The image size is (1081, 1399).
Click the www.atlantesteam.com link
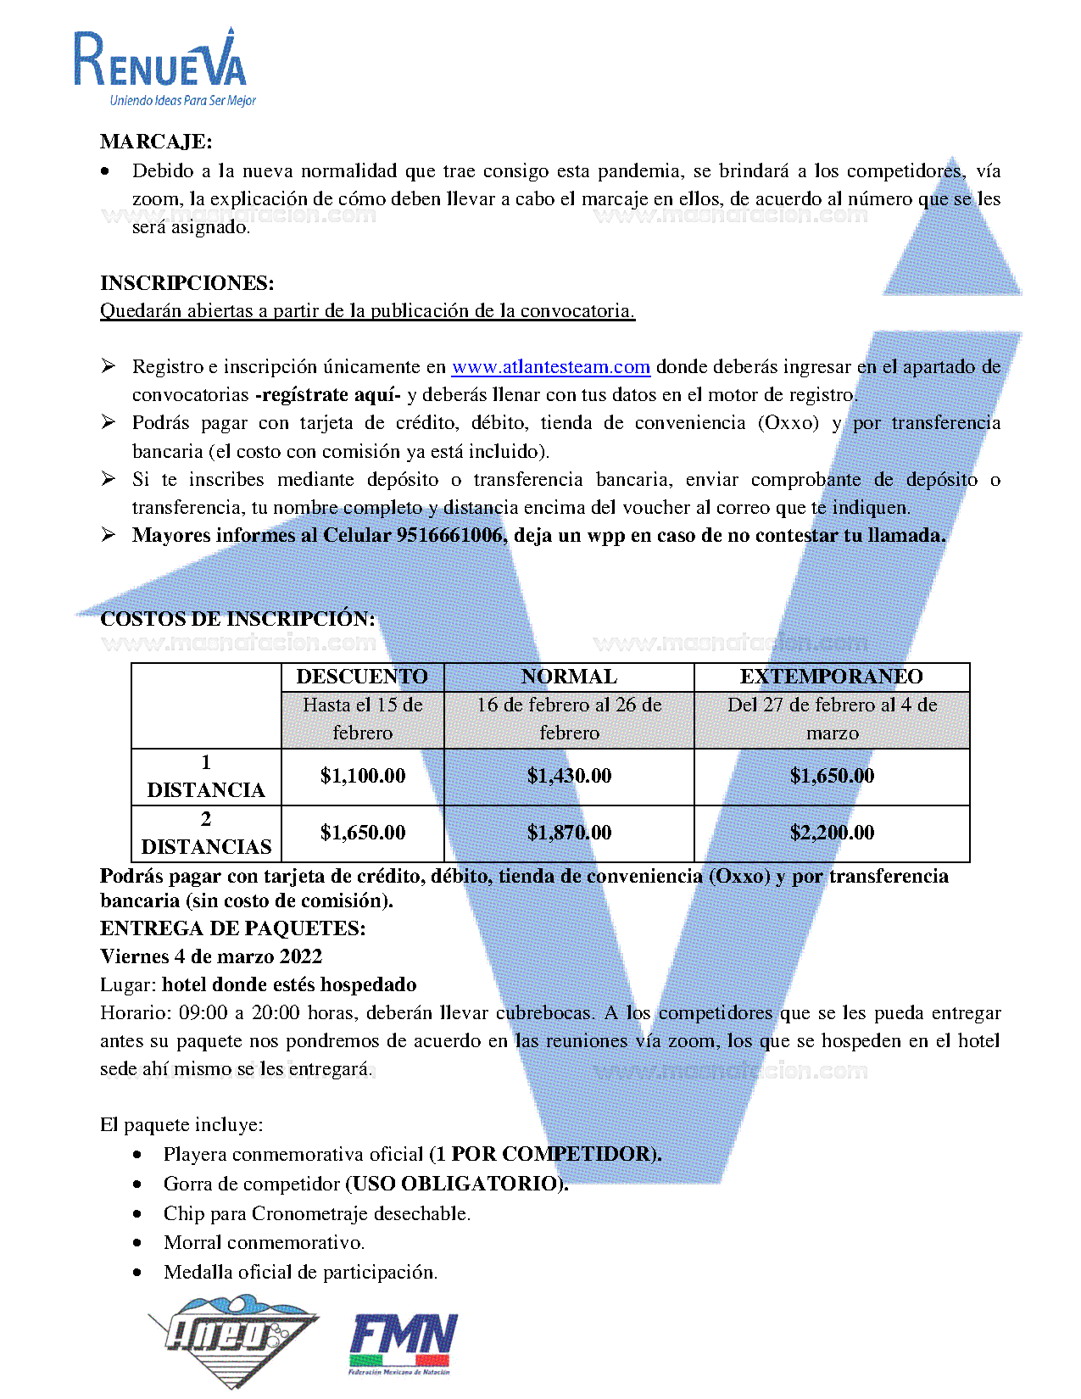[x=550, y=367]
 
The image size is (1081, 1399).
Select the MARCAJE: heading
[x=156, y=142]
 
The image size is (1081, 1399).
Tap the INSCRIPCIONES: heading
[x=187, y=282]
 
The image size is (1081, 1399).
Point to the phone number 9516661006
[x=449, y=535]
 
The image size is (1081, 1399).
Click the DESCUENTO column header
[x=362, y=677]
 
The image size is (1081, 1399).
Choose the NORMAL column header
[x=569, y=677]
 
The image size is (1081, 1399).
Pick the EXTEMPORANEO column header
[x=831, y=677]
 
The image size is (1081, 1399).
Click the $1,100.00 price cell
[x=363, y=776]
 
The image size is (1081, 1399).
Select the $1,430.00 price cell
[x=569, y=776]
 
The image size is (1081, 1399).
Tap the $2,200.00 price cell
[x=832, y=833]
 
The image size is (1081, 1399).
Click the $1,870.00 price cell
[x=569, y=833]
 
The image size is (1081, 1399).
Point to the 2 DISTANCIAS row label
[x=206, y=833]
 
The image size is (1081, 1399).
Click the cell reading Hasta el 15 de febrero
[x=363, y=719]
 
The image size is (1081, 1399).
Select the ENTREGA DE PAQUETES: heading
[x=233, y=928]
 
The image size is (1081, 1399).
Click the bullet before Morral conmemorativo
[x=137, y=1243]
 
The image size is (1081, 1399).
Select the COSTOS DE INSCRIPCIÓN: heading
[x=237, y=619]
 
